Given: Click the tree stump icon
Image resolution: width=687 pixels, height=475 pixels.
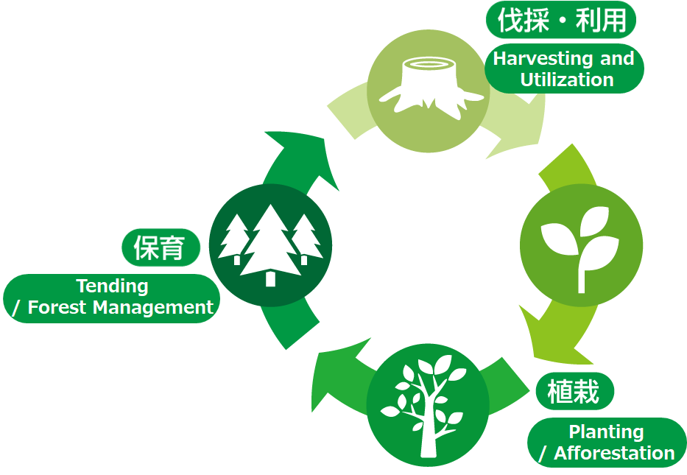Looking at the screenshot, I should coord(428,88).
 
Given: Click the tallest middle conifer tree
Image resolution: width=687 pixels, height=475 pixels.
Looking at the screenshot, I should coord(270,243).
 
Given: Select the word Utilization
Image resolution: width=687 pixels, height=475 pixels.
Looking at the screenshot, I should coord(566,80).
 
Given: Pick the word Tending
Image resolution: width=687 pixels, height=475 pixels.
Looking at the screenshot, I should coord(112,286).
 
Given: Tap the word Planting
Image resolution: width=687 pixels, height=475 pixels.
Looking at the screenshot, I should coord(606,432).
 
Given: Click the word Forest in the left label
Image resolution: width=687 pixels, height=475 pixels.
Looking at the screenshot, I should coord(57,307).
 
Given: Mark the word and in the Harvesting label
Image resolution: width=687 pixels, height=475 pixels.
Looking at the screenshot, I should coord(617,59).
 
